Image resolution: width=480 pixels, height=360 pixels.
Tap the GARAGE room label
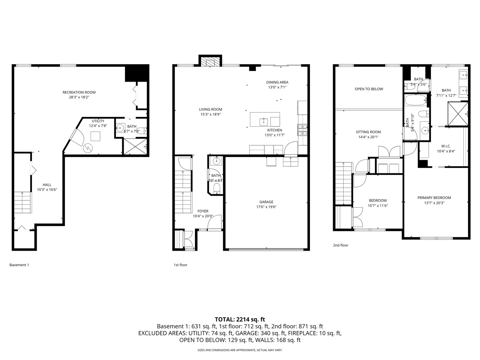[266, 202]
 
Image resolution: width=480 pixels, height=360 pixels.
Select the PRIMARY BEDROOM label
[434, 198]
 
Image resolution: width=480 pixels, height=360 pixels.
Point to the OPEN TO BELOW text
[369, 89]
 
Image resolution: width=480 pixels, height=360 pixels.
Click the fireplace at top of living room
[210, 62]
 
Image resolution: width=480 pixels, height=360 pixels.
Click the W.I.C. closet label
[446, 146]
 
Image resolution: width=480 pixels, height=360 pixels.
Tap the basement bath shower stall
[135, 146]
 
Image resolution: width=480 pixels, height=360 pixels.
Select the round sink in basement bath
[120, 128]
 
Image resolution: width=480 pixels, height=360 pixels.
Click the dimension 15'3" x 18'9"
[210, 114]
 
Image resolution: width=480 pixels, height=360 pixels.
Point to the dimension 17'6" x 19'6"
[266, 207]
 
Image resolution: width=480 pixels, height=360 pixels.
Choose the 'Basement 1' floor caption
[19, 265]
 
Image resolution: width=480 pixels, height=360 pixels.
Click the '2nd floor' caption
[340, 245]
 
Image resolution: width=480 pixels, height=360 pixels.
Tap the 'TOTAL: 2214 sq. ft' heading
[240, 319]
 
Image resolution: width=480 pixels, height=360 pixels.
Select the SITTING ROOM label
[368, 132]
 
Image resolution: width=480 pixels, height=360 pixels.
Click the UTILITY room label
[98, 121]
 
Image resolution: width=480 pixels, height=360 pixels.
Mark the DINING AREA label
[277, 82]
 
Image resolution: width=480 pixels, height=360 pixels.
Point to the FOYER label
[203, 211]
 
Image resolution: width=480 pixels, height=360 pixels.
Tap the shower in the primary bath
[458, 114]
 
